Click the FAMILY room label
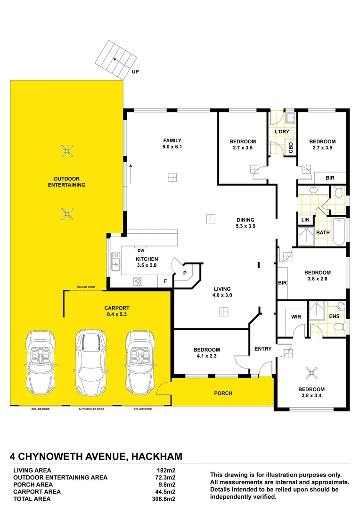(x=172, y=140)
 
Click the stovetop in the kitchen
(x=139, y=281)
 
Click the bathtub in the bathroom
(x=339, y=232)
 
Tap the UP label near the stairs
(x=136, y=72)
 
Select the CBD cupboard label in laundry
(x=291, y=148)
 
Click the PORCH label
(x=223, y=393)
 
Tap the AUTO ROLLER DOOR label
(x=91, y=409)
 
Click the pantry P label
(x=185, y=273)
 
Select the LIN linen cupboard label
(x=305, y=220)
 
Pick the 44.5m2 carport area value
(x=166, y=491)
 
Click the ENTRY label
(x=263, y=349)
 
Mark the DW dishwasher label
(x=141, y=251)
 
